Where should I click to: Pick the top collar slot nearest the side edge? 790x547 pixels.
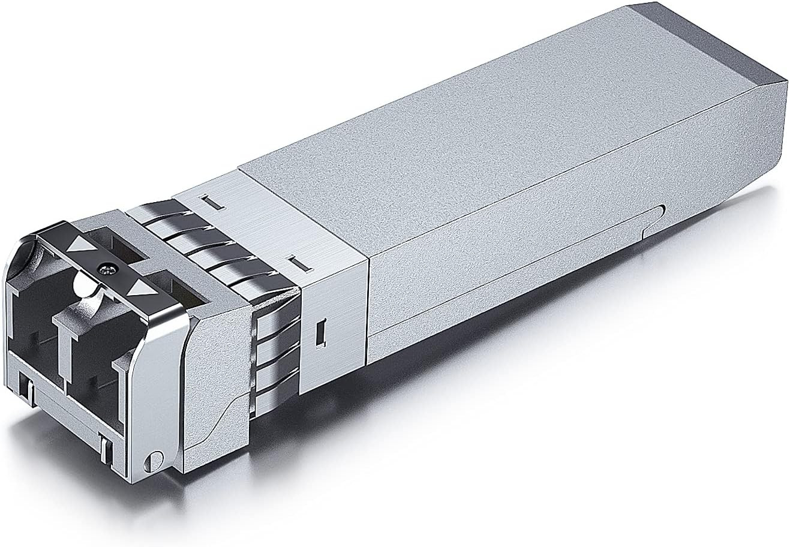(296, 262)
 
